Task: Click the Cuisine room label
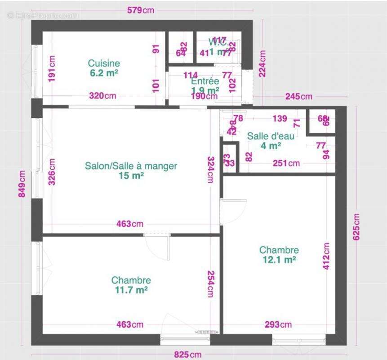(x=104, y=63)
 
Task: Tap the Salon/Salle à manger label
(x=131, y=166)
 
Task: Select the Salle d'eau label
(x=271, y=136)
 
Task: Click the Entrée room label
(x=205, y=81)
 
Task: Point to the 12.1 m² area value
(x=279, y=260)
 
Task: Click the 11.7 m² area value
(x=131, y=290)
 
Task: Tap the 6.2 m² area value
(x=104, y=73)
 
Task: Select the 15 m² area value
(x=131, y=175)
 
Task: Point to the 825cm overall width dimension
(x=188, y=355)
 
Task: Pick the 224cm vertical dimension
(x=262, y=63)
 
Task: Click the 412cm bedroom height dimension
(x=326, y=256)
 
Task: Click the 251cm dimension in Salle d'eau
(x=286, y=163)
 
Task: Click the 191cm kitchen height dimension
(x=53, y=69)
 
